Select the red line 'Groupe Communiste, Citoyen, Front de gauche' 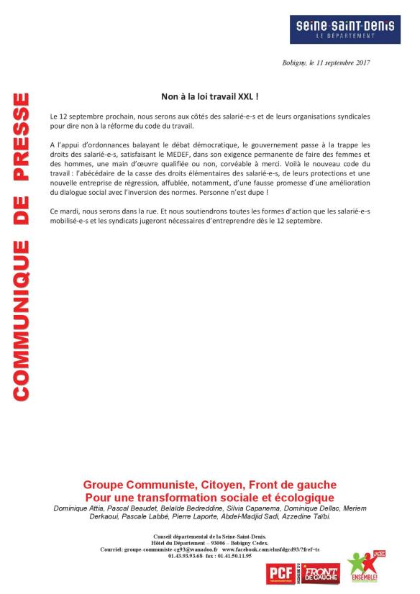pos(209,485)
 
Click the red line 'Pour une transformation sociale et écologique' pos(209,498)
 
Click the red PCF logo pos(278,572)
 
